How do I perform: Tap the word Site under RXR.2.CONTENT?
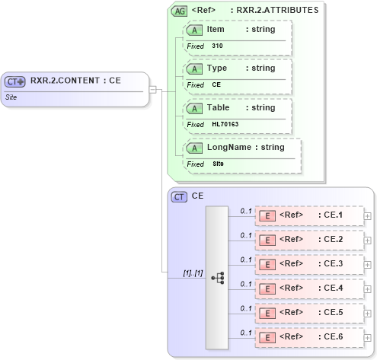pyautogui.click(x=11, y=97)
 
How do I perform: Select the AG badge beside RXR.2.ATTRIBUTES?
pyautogui.click(x=179, y=11)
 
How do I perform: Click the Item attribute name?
pyautogui.click(x=216, y=29)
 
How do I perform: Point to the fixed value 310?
pyautogui.click(x=217, y=46)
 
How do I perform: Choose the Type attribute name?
pyautogui.click(x=217, y=68)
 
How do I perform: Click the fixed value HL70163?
pyautogui.click(x=225, y=124)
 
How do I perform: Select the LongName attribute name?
pyautogui.click(x=228, y=147)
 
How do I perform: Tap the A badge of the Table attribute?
pyautogui.click(x=194, y=108)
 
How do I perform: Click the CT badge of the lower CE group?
pyautogui.click(x=179, y=197)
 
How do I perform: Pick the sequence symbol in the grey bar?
pyautogui.click(x=217, y=279)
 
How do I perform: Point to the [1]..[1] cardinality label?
pyautogui.click(x=193, y=272)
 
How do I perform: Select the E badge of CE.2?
pyautogui.click(x=267, y=240)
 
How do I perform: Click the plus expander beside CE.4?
pyautogui.click(x=368, y=288)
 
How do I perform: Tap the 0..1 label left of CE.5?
pyautogui.click(x=245, y=308)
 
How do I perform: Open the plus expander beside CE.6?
pyautogui.click(x=368, y=337)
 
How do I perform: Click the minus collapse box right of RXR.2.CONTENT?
pyautogui.click(x=153, y=89)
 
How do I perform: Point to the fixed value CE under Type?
pyautogui.click(x=216, y=84)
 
